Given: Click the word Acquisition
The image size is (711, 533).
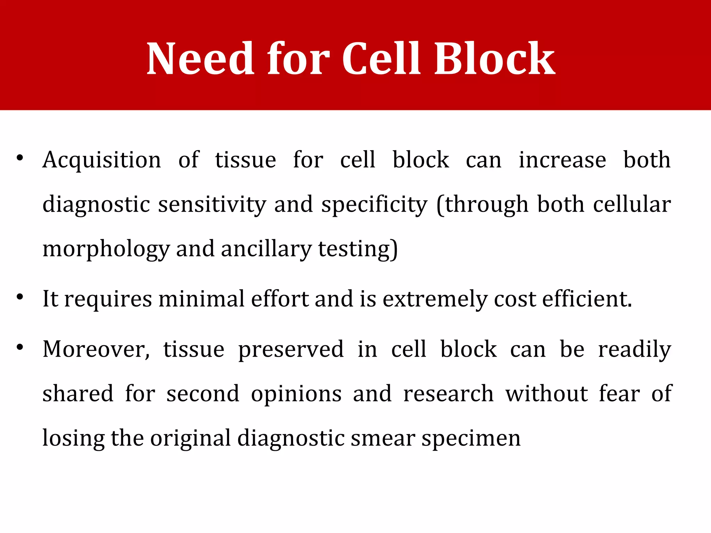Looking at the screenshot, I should [x=102, y=160].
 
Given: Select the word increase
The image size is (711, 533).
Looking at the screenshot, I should [x=562, y=160].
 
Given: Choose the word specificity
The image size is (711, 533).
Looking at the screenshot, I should [x=374, y=205].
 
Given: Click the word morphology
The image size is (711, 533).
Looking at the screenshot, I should [x=106, y=249].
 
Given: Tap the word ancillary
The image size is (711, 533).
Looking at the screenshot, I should [x=266, y=249].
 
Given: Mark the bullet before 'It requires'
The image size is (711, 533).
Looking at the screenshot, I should [x=20, y=297].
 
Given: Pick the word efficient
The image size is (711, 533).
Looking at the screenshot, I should [x=587, y=299].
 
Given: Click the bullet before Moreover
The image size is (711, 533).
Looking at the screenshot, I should [x=20, y=347].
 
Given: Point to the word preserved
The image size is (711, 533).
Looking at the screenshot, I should [x=291, y=349].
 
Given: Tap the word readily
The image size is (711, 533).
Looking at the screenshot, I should [x=635, y=349].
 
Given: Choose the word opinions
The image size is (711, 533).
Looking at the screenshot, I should [x=296, y=394].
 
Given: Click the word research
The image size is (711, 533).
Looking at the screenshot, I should [x=448, y=394].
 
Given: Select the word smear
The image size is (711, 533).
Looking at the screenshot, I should [x=383, y=438].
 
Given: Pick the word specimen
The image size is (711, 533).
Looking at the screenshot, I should [x=471, y=438].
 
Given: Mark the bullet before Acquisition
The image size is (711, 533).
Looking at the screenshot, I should [x=20, y=158].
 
